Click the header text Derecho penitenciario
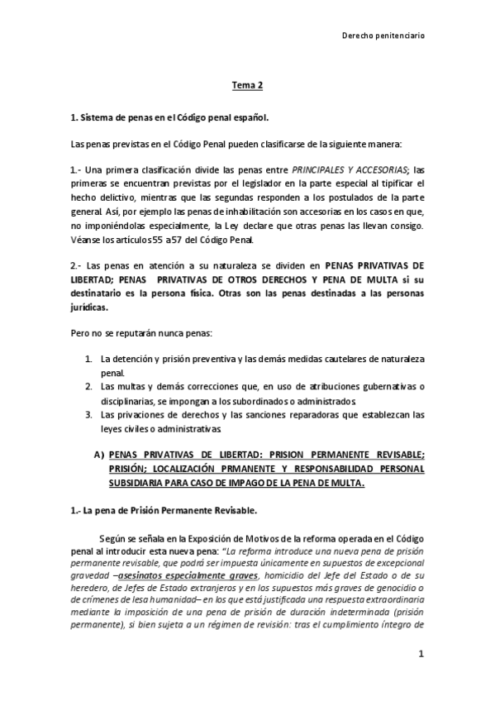384,36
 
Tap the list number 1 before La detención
88,360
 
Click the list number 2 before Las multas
88,387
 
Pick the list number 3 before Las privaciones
88,414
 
